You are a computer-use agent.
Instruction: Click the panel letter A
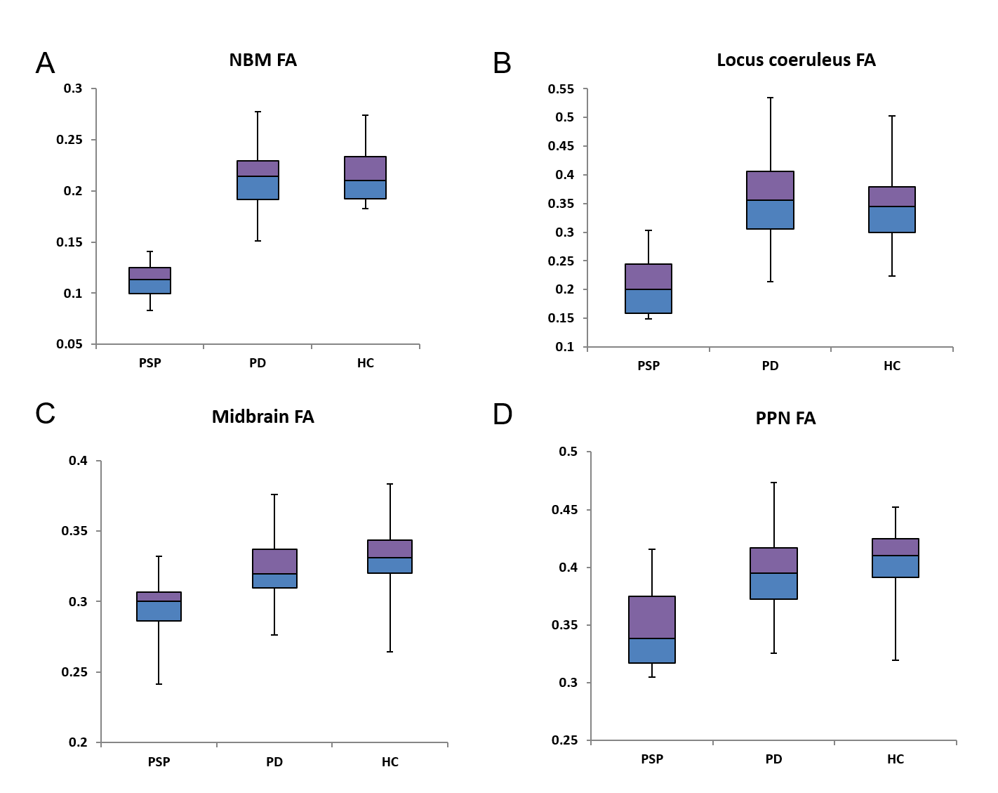pyautogui.click(x=45, y=63)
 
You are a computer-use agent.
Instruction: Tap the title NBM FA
pyautogui.click(x=262, y=60)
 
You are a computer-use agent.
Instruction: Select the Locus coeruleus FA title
pyautogui.click(x=796, y=60)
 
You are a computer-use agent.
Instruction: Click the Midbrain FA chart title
pyautogui.click(x=262, y=417)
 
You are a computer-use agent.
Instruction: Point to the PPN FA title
pyautogui.click(x=785, y=419)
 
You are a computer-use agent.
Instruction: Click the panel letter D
pyautogui.click(x=503, y=414)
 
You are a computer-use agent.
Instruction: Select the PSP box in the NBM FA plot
pyautogui.click(x=150, y=280)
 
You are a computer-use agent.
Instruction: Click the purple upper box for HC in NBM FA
pyautogui.click(x=365, y=169)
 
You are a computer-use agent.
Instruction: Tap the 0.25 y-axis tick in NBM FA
pyautogui.click(x=69, y=140)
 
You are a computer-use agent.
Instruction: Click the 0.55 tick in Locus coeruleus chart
pyautogui.click(x=561, y=89)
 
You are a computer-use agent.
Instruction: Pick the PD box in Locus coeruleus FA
pyautogui.click(x=770, y=200)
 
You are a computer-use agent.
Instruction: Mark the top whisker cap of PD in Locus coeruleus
pyautogui.click(x=770, y=98)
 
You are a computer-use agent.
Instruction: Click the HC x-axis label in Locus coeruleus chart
pyautogui.click(x=891, y=366)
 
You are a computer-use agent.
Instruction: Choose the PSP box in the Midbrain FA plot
pyautogui.click(x=159, y=606)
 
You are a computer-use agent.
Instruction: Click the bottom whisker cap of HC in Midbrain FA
pyautogui.click(x=390, y=652)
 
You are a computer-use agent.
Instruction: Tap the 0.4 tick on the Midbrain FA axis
pyautogui.click(x=78, y=461)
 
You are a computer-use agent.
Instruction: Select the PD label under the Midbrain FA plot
pyautogui.click(x=274, y=762)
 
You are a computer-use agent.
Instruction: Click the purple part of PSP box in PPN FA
pyautogui.click(x=652, y=617)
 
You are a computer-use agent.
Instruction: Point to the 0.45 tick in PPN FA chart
pyautogui.click(x=565, y=510)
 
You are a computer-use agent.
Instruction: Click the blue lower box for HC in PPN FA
pyautogui.click(x=895, y=566)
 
